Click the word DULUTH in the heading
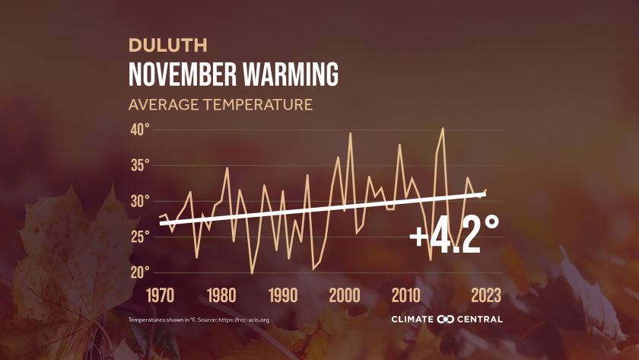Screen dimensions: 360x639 157,45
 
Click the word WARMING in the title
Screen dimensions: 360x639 290,75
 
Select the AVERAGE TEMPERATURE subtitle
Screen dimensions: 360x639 221,104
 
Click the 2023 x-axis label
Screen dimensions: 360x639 486,295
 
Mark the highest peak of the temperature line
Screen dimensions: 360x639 443,129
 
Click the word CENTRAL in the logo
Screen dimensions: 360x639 480,319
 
